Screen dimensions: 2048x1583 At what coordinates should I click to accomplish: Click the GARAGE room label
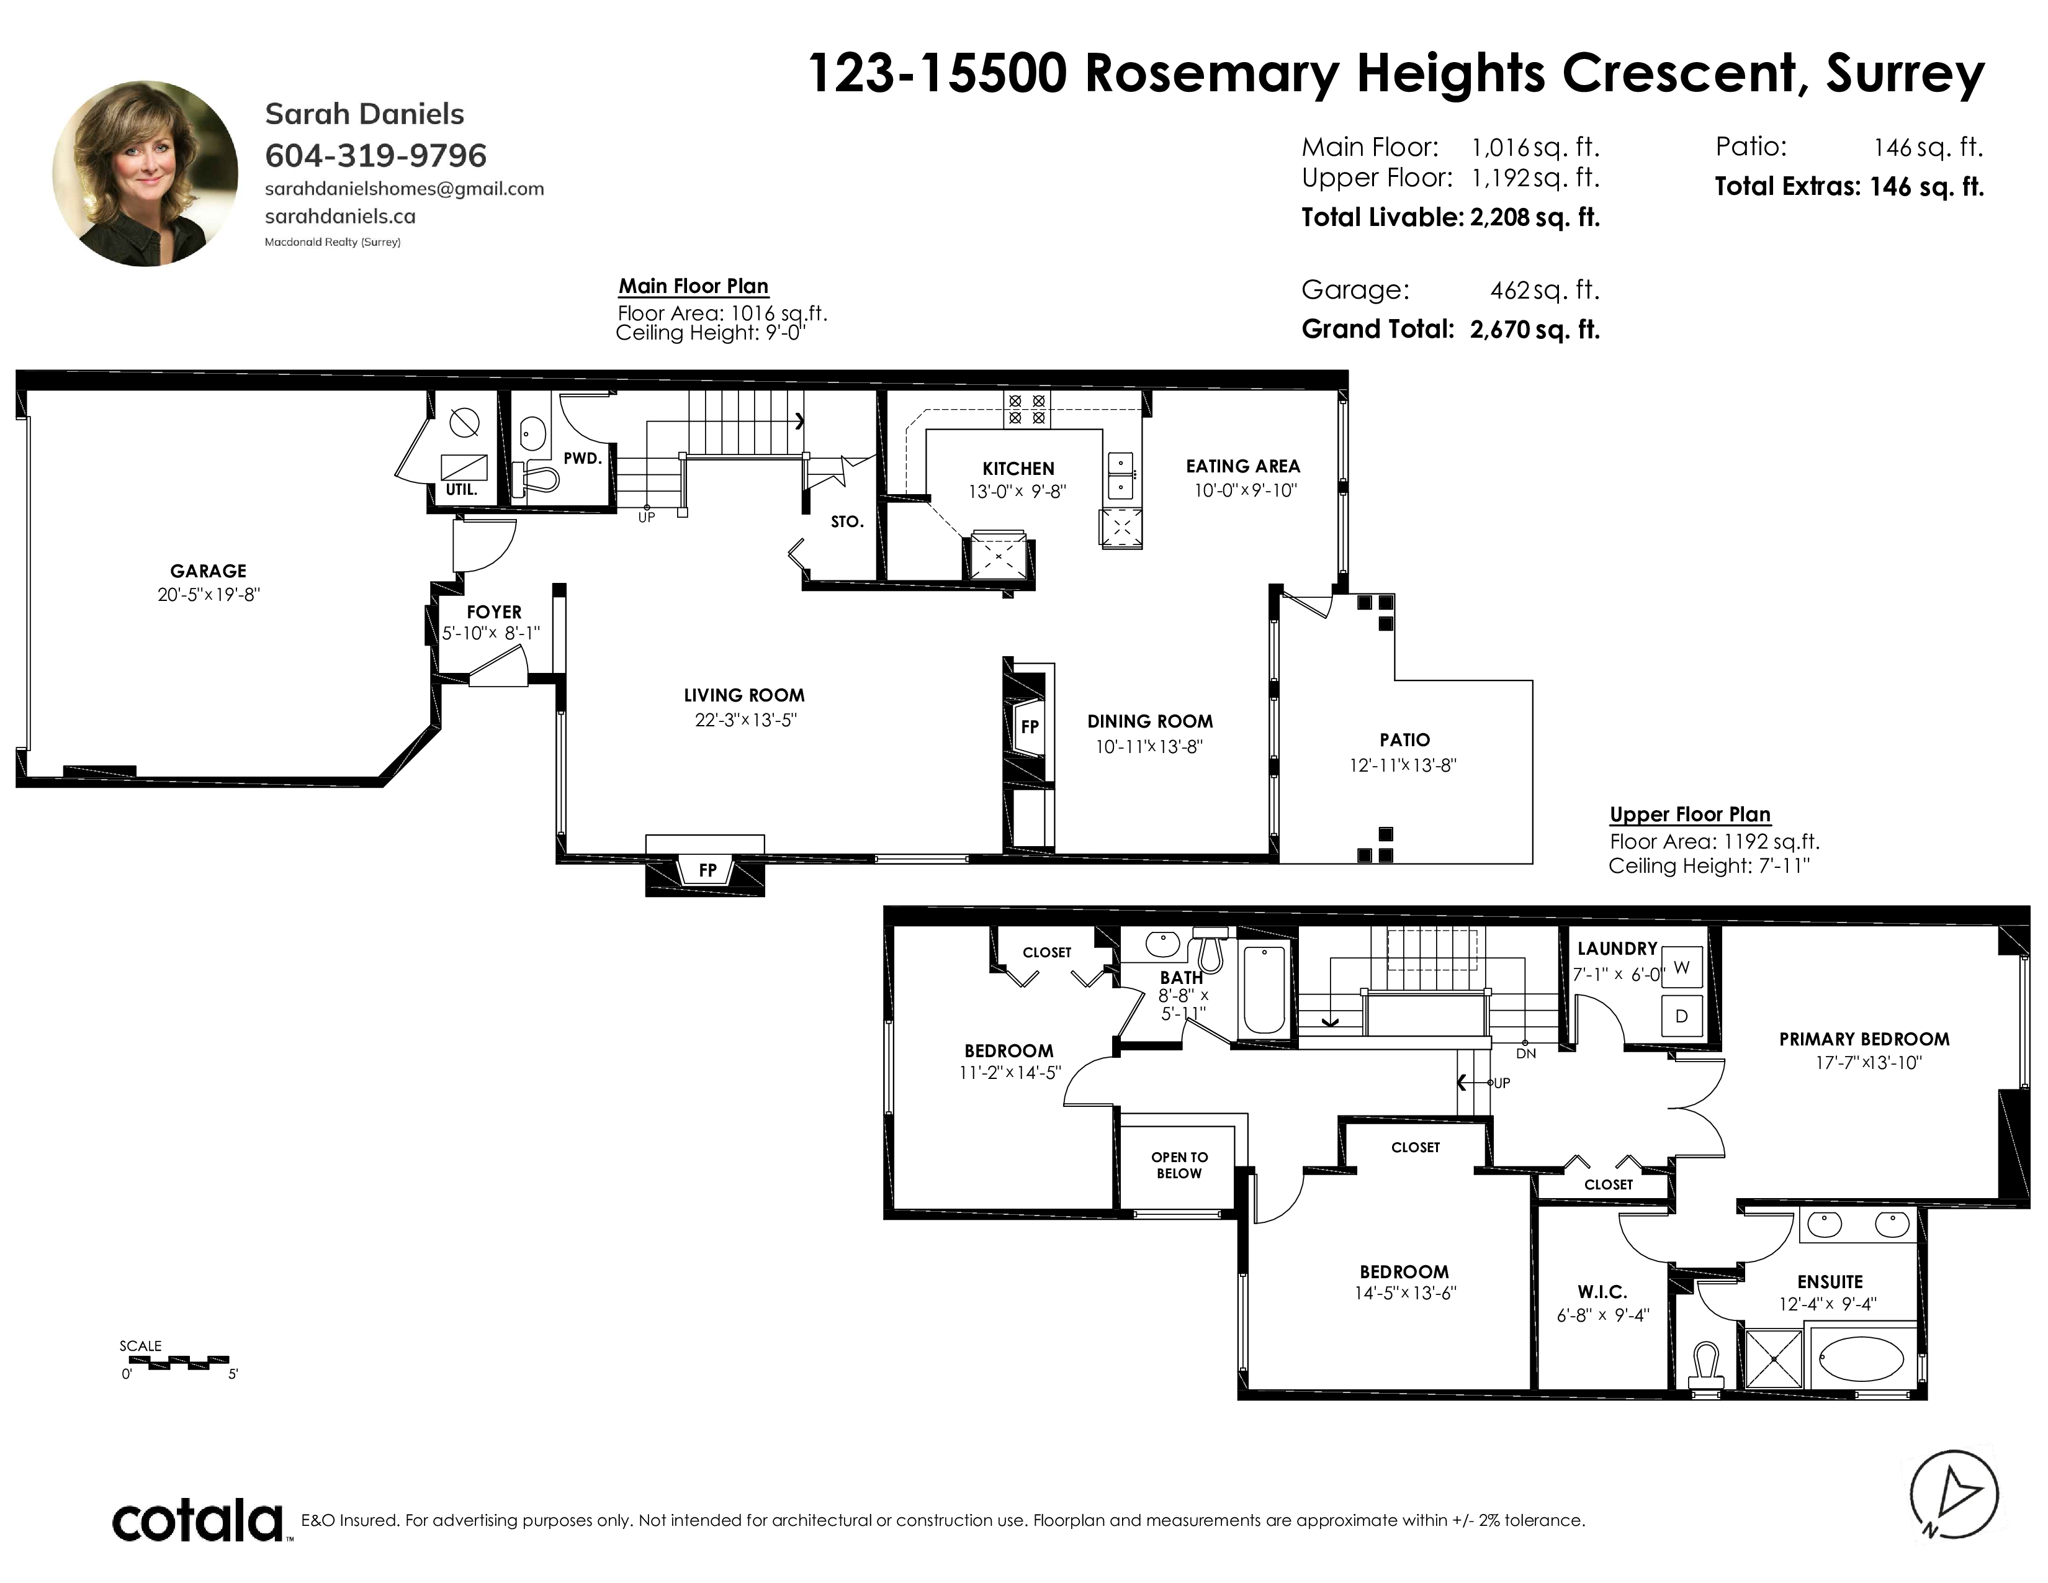coord(208,571)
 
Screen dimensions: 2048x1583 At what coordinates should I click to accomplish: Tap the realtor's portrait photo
coord(145,173)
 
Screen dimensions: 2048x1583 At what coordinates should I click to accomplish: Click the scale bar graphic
coord(176,1361)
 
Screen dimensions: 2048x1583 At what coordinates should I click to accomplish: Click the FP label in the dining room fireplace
coord(1030,727)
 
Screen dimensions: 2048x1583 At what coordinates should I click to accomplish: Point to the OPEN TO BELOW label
coord(1180,1165)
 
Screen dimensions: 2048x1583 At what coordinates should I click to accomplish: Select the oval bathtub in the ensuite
coord(1861,1358)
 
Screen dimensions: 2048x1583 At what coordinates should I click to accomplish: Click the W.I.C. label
coord(1602,1292)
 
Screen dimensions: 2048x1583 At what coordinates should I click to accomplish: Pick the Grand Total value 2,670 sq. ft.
coord(1535,329)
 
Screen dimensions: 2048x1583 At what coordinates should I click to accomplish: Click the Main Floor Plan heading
coord(693,287)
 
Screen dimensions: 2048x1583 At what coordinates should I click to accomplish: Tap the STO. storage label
coord(847,522)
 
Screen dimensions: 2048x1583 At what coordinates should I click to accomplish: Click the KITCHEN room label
coord(1018,469)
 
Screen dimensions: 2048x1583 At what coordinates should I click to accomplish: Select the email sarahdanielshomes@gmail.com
coord(404,189)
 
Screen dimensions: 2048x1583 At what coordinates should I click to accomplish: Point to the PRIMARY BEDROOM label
coord(1864,1039)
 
